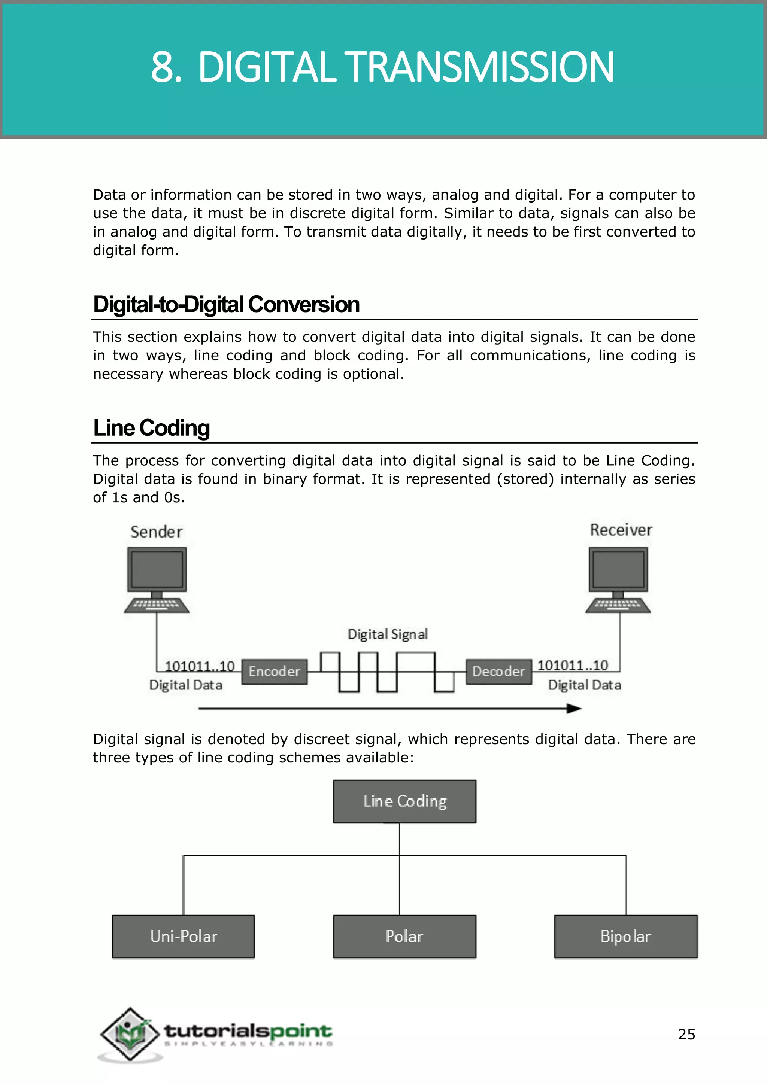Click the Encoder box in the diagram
(x=274, y=672)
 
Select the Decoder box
(x=498, y=672)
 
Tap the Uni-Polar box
(x=183, y=936)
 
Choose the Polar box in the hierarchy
(x=404, y=936)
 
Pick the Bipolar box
(x=625, y=936)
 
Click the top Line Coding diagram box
(x=404, y=801)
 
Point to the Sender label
(x=156, y=532)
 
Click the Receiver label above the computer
(x=621, y=530)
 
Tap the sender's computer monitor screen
(x=157, y=569)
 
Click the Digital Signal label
(x=388, y=634)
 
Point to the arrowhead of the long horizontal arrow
(x=574, y=708)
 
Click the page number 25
(x=686, y=1035)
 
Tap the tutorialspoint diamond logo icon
(x=130, y=1034)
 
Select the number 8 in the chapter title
(x=163, y=67)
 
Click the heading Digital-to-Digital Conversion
(x=226, y=305)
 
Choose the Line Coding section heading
(x=151, y=428)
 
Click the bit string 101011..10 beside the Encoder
(x=199, y=666)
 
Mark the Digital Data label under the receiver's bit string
(x=584, y=685)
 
